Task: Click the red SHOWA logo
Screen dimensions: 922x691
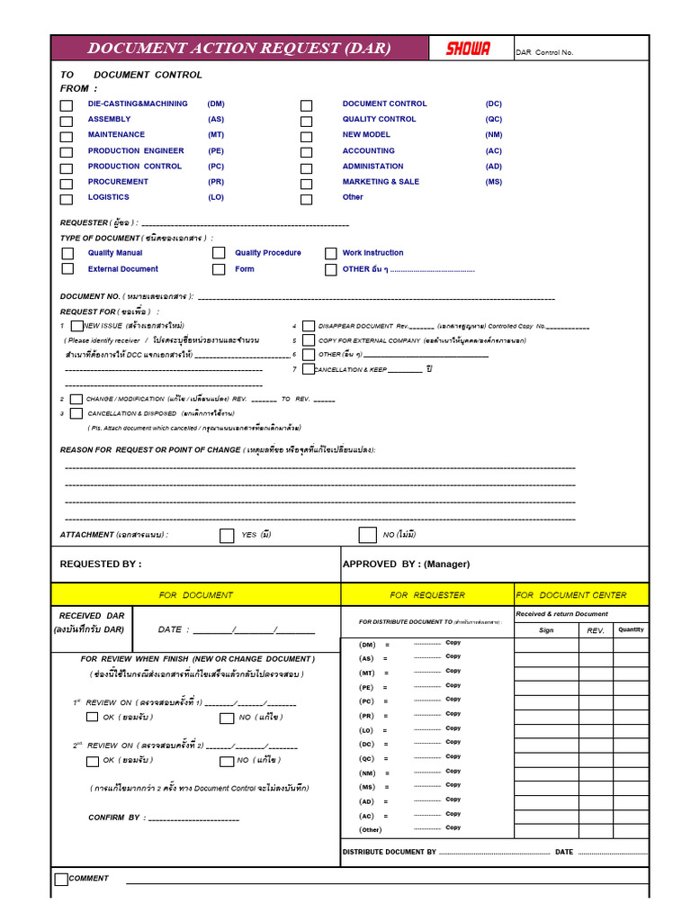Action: (468, 49)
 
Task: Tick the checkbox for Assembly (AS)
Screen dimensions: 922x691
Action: (67, 121)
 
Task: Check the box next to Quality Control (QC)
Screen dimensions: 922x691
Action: (306, 121)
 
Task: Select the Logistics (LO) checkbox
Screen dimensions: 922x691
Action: (67, 199)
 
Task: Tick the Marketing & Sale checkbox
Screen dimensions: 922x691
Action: (306, 183)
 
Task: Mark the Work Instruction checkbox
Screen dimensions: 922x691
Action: (331, 254)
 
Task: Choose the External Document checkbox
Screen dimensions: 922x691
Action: (67, 269)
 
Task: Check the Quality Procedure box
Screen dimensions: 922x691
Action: (219, 254)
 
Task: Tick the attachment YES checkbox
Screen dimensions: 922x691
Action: (227, 536)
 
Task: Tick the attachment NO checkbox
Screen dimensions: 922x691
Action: (367, 536)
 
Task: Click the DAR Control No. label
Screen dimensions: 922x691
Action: (543, 53)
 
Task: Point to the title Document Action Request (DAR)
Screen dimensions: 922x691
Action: (238, 49)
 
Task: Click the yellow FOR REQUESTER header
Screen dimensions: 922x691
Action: (427, 595)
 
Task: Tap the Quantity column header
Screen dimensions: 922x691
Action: (631, 630)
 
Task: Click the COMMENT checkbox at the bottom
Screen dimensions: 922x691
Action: (61, 880)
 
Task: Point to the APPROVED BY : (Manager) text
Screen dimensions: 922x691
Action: (406, 565)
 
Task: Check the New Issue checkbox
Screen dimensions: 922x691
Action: (77, 326)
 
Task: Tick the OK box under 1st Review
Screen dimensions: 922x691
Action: (92, 718)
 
